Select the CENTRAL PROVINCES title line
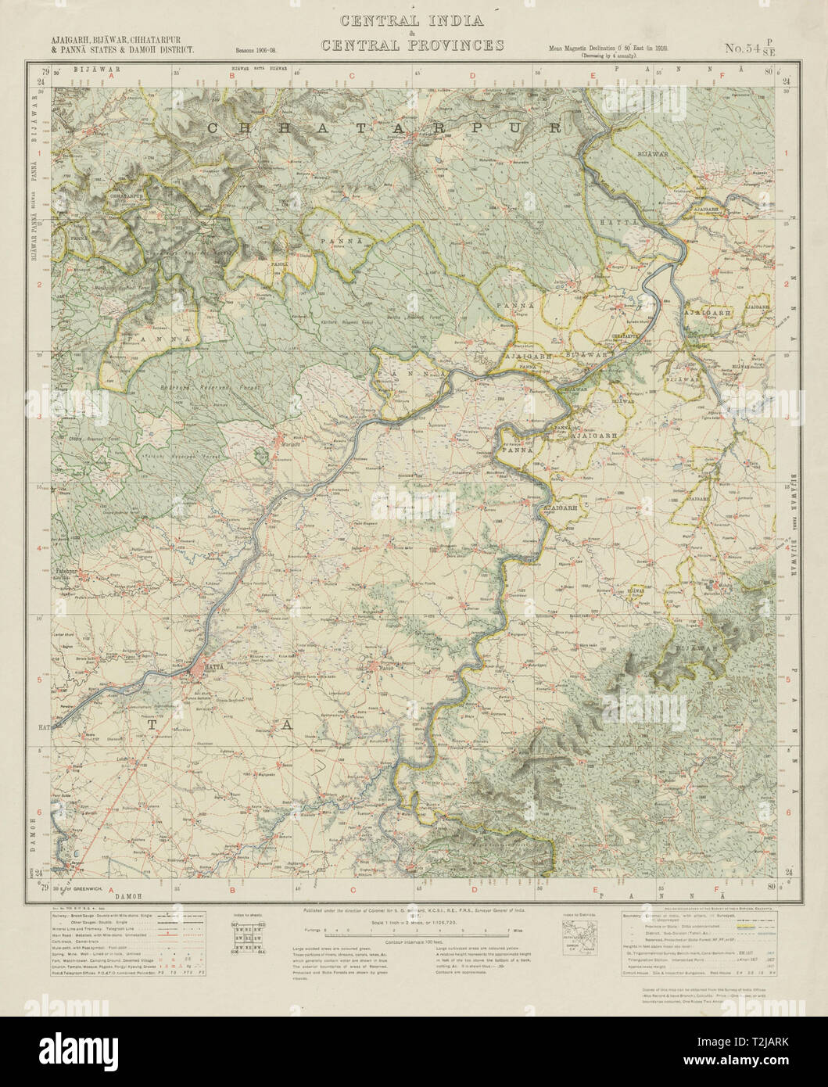412,45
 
